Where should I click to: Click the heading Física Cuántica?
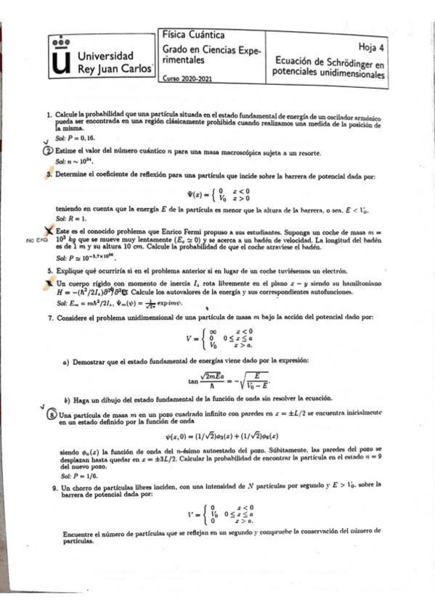click(x=192, y=35)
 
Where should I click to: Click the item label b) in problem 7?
click(x=67, y=399)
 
